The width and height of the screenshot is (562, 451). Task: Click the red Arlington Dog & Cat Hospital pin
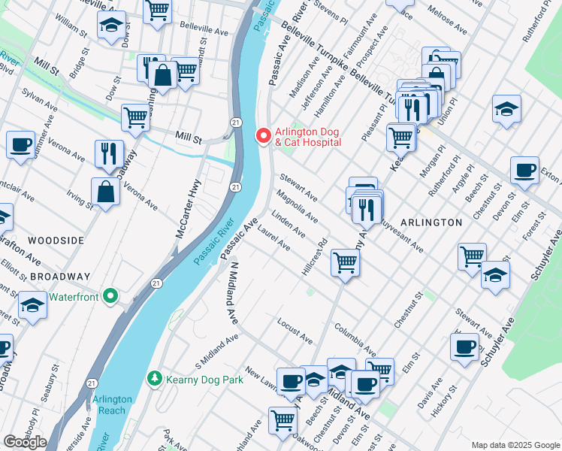click(263, 136)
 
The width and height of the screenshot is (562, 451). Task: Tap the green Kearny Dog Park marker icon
click(155, 377)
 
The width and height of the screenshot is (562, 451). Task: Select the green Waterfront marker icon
click(112, 296)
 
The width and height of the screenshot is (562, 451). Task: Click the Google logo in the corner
click(25, 441)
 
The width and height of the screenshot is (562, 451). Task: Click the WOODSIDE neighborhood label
click(56, 240)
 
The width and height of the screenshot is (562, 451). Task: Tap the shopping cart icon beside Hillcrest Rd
click(345, 263)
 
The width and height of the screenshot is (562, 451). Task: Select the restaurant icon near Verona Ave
click(110, 153)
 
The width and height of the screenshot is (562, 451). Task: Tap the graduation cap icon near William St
click(111, 24)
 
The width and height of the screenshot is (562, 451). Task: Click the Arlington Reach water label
click(112, 404)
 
